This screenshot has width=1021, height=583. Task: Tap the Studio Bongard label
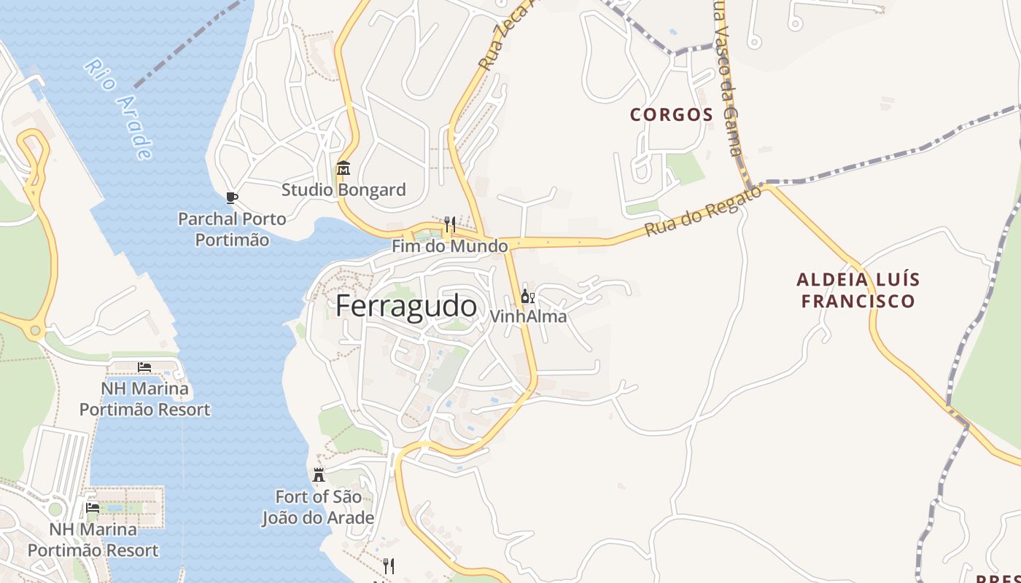343,190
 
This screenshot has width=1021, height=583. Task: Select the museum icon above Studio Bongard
343,169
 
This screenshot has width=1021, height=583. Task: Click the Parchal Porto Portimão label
233,229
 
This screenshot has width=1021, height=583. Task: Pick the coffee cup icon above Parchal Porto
232,197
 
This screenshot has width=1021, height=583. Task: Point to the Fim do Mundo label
449,246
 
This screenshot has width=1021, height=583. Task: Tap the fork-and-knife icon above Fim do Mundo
450,224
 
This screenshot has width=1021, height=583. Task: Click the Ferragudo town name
406,306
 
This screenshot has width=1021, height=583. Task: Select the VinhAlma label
528,316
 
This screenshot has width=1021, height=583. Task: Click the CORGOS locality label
671,114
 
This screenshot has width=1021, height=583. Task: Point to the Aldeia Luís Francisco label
858,290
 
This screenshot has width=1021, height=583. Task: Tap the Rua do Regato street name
702,211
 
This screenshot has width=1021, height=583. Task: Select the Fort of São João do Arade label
319,507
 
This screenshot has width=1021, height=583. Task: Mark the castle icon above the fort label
319,476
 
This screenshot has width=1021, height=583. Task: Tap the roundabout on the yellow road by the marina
35,330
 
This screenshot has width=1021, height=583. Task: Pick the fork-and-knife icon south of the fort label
389,566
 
